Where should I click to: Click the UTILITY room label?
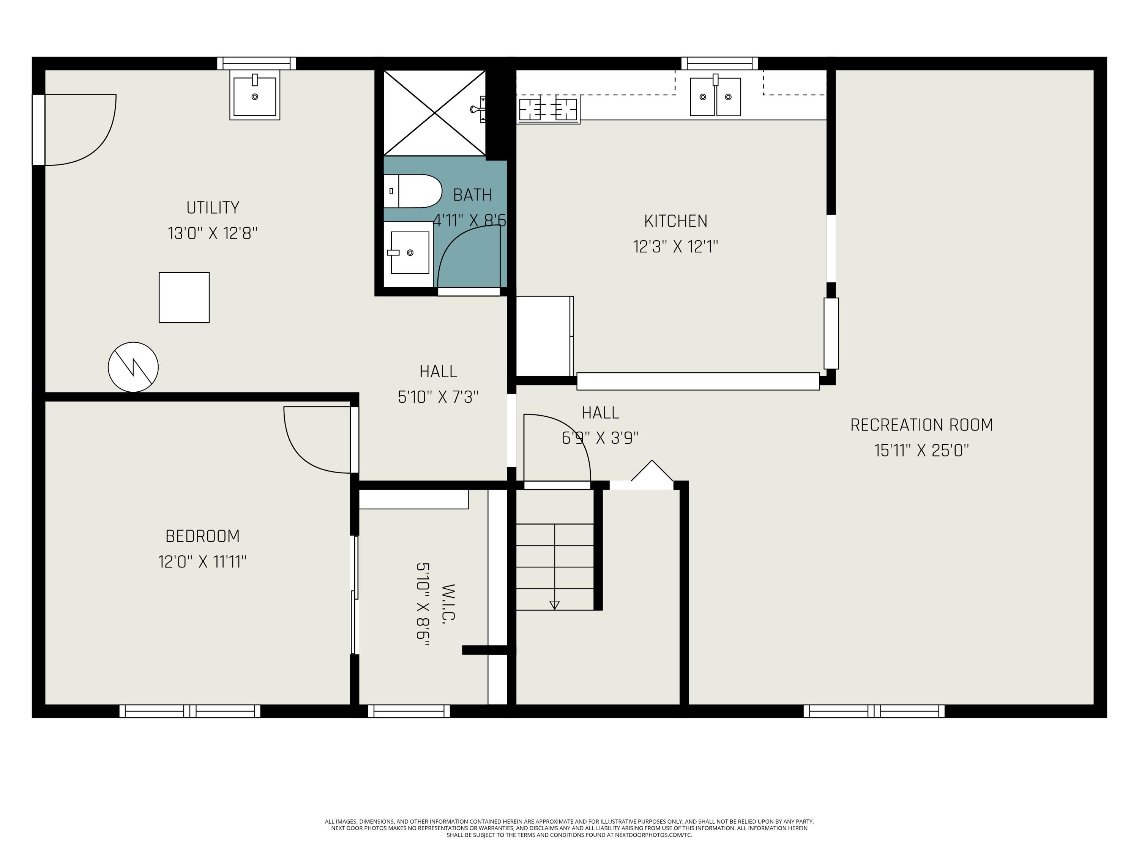pos(213,208)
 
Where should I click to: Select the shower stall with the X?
pos(435,113)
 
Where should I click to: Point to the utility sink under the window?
pos(254,96)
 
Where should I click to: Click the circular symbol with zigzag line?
pos(133,367)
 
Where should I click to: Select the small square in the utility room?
pos(184,298)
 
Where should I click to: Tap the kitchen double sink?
pos(715,97)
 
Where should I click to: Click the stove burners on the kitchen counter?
pos(548,109)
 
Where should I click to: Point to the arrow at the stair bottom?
pos(554,605)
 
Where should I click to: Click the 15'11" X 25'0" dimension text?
pos(921,451)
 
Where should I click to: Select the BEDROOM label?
pos(202,536)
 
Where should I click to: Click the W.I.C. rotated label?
pos(448,604)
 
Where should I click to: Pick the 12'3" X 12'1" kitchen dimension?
pos(675,247)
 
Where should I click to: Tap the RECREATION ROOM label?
pos(921,425)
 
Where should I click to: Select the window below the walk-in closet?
pos(409,711)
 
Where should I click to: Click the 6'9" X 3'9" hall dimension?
pos(600,438)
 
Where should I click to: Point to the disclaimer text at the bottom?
pos(569,828)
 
